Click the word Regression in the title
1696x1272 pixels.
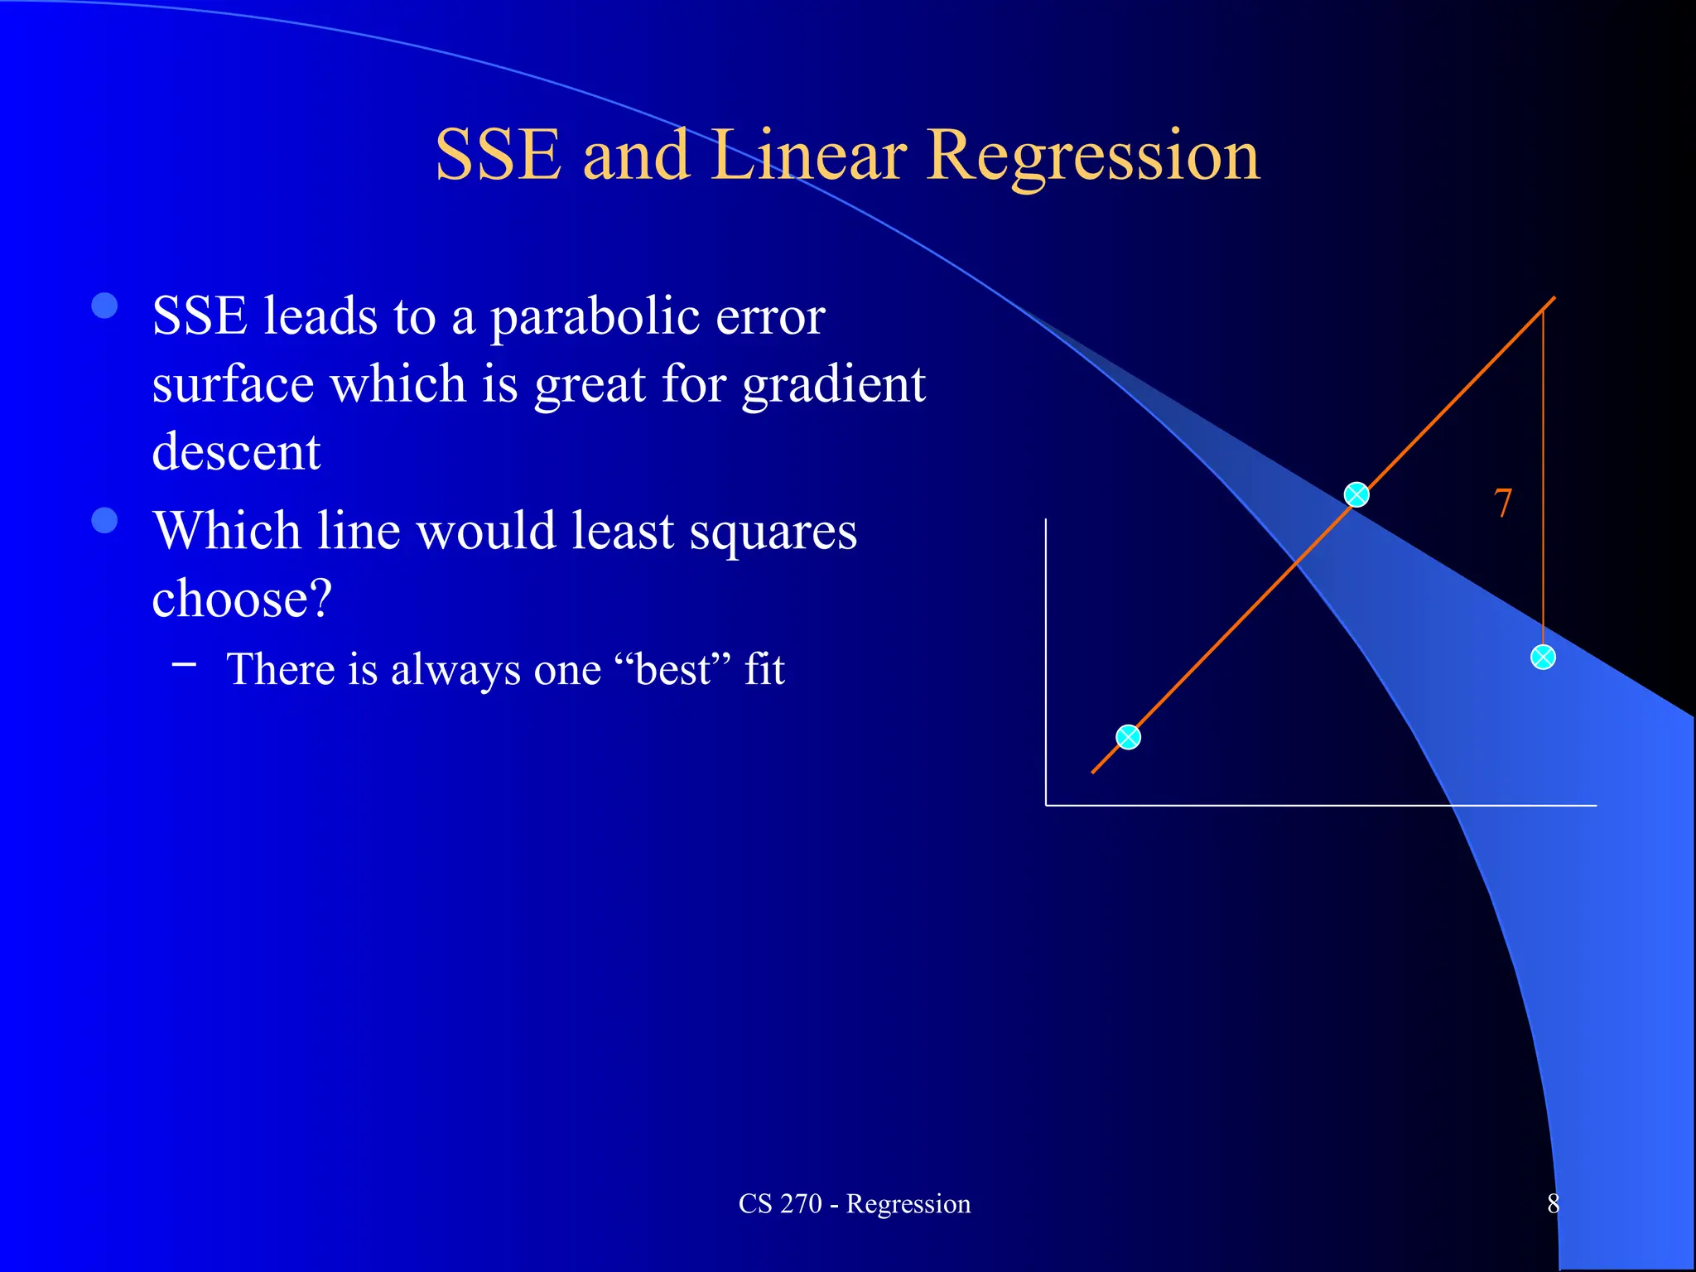1093,157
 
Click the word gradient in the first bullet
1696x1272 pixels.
833,386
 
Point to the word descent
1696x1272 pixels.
236,452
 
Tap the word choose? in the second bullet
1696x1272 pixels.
242,598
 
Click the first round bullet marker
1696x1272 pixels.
104,306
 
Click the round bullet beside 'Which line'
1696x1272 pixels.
104,521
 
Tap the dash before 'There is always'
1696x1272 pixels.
185,663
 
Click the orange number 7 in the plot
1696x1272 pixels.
1502,503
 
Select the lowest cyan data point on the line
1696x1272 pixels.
1128,737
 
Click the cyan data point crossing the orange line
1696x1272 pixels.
1356,495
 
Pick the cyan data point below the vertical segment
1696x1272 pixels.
1542,658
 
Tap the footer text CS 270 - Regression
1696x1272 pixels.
854,1203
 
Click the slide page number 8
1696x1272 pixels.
1553,1203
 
